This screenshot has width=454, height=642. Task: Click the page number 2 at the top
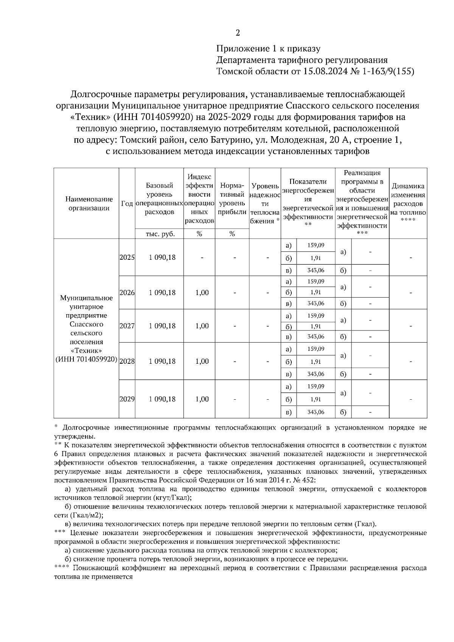point(238,33)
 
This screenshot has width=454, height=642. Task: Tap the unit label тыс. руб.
point(160,234)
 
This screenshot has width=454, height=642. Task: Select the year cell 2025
point(127,257)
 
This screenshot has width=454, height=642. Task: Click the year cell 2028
point(127,361)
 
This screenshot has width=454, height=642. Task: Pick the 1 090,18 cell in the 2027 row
point(162,326)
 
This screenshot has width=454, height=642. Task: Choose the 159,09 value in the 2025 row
point(316,245)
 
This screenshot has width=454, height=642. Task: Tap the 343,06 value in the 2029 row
point(316,412)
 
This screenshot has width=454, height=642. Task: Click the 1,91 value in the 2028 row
point(316,361)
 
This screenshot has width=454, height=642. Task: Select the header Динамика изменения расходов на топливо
point(408,203)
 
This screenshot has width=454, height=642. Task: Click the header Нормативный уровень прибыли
point(232,199)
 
